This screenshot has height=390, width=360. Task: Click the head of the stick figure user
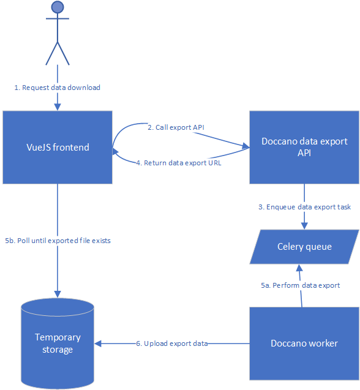58,7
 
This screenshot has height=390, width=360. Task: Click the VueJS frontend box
58,148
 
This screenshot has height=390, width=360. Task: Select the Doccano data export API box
304,148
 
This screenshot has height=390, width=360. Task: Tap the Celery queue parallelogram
304,247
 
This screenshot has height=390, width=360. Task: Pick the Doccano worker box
304,343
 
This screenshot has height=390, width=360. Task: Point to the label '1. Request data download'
58,88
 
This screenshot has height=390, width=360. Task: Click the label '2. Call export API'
176,127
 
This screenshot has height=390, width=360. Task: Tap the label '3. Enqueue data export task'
304,207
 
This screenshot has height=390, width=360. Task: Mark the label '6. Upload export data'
171,343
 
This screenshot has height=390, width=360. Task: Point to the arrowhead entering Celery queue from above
304,226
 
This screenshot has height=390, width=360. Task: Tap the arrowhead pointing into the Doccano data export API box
246,147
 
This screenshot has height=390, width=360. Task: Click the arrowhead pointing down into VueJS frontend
58,107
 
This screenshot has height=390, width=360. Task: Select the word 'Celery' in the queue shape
290,247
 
